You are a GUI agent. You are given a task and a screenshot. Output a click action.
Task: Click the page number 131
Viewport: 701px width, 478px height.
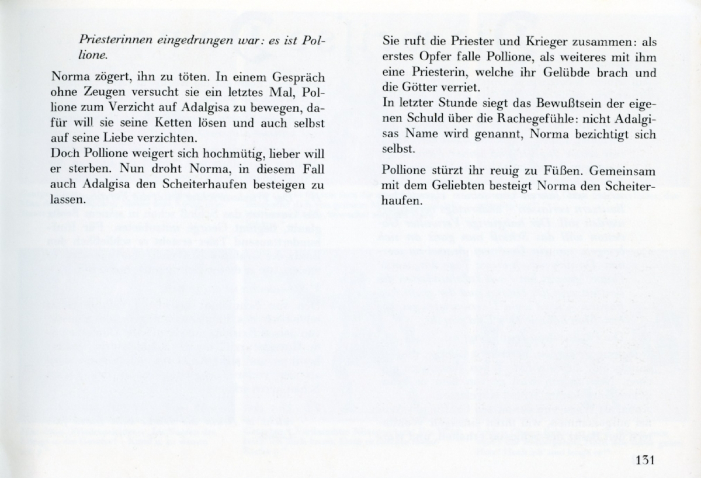click(644, 459)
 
